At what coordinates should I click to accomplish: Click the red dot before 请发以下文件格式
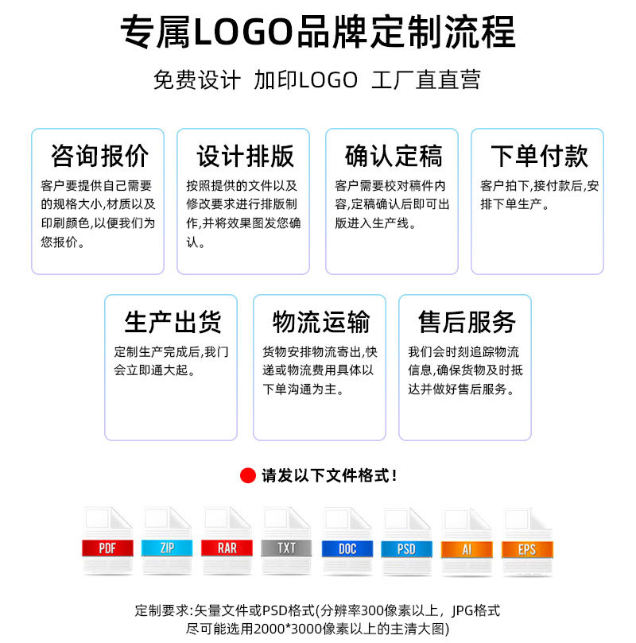click(248, 476)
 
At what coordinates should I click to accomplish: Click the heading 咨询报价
click(99, 156)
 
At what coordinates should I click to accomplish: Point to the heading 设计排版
click(245, 156)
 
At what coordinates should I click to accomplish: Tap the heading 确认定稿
click(393, 156)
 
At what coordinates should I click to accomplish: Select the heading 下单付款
click(539, 156)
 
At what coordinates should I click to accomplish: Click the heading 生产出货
click(172, 322)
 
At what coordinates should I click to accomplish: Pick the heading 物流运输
click(320, 322)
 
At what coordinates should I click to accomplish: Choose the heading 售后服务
click(467, 322)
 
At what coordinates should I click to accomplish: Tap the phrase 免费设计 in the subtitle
click(196, 80)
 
